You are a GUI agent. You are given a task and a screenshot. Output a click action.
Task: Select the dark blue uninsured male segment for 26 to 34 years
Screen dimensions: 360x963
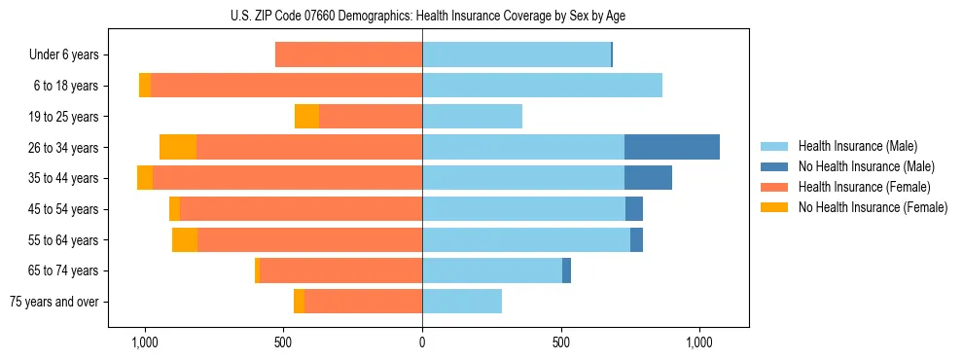point(672,147)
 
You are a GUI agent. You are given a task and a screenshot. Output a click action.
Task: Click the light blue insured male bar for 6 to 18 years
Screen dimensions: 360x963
point(542,85)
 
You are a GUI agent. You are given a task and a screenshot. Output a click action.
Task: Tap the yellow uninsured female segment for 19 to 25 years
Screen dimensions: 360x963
point(306,116)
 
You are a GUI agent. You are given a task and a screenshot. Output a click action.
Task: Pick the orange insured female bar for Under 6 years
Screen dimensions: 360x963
point(348,54)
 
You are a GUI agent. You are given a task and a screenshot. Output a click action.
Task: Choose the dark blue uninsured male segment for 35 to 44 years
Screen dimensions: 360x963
point(648,178)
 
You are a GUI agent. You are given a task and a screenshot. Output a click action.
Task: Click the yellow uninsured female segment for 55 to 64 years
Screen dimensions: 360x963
point(185,239)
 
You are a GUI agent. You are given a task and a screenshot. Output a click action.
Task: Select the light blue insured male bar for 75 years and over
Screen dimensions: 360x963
point(462,302)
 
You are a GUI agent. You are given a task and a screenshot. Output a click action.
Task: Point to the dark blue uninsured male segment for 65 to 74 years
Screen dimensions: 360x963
point(566,270)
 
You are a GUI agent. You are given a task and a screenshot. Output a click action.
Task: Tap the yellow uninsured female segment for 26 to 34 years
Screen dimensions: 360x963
point(178,147)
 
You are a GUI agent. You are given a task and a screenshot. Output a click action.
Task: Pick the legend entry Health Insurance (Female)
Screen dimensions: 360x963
point(863,187)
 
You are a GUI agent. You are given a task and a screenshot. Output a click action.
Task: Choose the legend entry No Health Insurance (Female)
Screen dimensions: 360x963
point(872,207)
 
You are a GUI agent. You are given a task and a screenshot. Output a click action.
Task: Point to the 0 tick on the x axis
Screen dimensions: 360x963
point(422,343)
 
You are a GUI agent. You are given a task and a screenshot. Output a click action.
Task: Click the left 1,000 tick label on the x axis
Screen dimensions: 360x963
point(144,343)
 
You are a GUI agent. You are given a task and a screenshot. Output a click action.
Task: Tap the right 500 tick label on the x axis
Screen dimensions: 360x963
point(560,343)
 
